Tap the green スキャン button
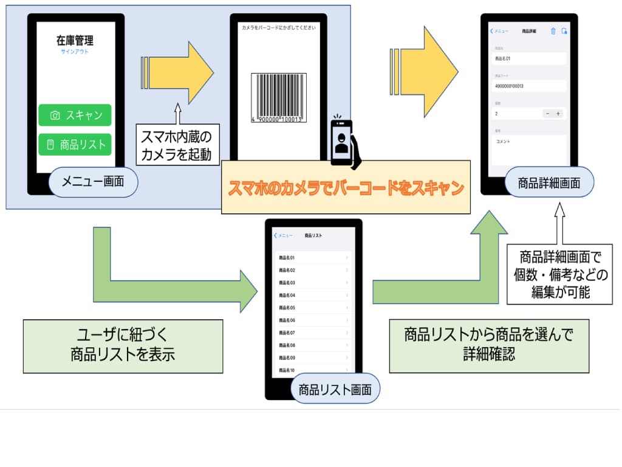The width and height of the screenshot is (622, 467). tap(75, 115)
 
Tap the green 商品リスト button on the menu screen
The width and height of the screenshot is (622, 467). tap(75, 145)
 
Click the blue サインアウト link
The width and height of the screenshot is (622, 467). tap(75, 52)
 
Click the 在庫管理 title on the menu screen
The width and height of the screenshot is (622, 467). tap(75, 41)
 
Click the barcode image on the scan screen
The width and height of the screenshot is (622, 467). tap(278, 98)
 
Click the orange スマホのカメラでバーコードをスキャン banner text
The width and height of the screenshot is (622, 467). tap(346, 187)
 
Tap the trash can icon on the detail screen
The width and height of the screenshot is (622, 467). tap(553, 32)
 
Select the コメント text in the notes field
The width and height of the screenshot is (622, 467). tap(503, 142)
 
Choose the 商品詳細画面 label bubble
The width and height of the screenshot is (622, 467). tap(549, 182)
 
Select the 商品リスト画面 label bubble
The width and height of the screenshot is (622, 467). tap(335, 389)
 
